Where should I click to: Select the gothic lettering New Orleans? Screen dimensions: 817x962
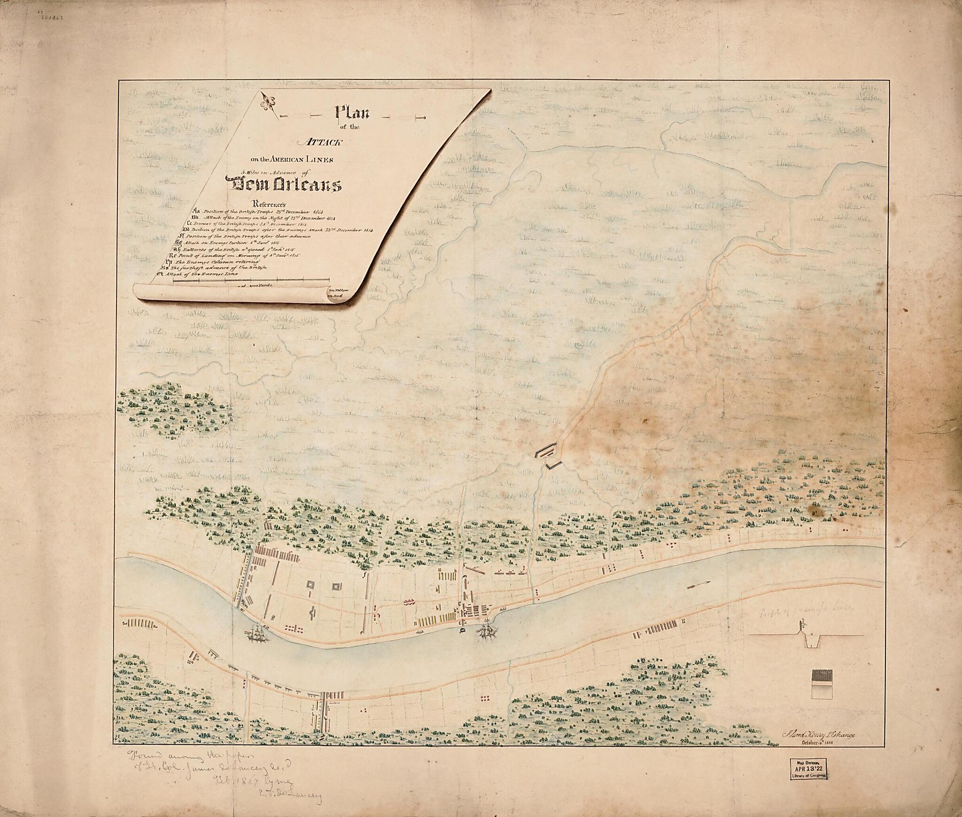(283, 185)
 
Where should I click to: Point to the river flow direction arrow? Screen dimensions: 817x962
(699, 586)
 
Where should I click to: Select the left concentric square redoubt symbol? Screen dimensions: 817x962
(311, 585)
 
